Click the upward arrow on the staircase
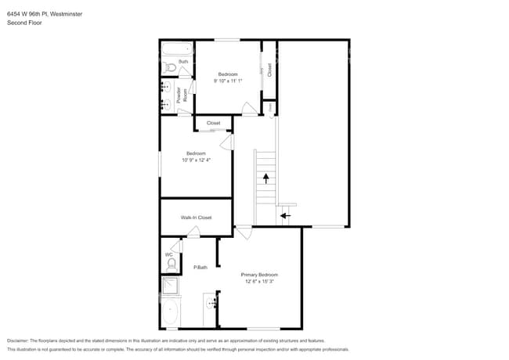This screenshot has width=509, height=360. pyautogui.click(x=265, y=178)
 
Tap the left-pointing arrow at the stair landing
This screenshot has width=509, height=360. pyautogui.click(x=285, y=215)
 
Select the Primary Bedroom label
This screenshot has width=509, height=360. pyautogui.click(x=259, y=275)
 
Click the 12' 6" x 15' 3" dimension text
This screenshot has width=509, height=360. pyautogui.click(x=259, y=282)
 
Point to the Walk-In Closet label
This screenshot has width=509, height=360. pyautogui.click(x=196, y=218)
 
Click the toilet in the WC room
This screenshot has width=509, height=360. pyautogui.click(x=171, y=264)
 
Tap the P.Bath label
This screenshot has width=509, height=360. pyautogui.click(x=200, y=268)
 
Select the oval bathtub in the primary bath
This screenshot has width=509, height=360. pyautogui.click(x=170, y=312)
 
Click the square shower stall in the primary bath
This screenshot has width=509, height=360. pyautogui.click(x=171, y=286)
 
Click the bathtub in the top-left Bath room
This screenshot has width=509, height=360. pyautogui.click(x=176, y=49)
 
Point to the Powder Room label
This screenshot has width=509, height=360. pyautogui.click(x=180, y=95)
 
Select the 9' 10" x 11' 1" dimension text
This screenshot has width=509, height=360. pyautogui.click(x=228, y=81)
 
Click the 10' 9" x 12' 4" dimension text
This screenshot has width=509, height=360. pyautogui.click(x=196, y=160)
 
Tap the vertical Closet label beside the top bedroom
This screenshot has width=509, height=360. pyautogui.click(x=269, y=69)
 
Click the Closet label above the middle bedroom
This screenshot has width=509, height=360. pyautogui.click(x=213, y=123)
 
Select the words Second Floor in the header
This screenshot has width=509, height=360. pyautogui.click(x=25, y=23)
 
